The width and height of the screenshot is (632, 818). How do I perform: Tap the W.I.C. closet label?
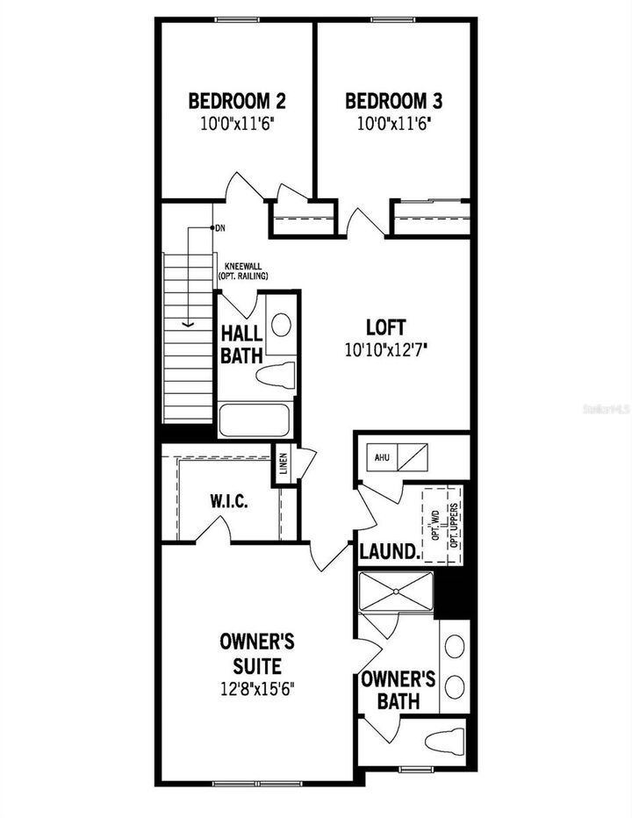(x=229, y=502)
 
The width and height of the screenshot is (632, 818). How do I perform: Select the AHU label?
(x=382, y=457)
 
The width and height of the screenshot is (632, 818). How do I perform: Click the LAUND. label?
(x=388, y=552)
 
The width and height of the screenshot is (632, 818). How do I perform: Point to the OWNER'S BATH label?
(x=399, y=690)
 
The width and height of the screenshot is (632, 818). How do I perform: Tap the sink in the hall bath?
(x=281, y=326)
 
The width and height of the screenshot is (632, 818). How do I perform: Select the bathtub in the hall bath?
(x=255, y=420)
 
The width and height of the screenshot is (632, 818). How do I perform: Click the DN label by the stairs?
(x=220, y=228)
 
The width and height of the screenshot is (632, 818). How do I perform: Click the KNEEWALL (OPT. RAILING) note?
(x=243, y=271)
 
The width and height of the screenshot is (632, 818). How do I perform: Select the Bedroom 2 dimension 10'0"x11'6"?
(x=236, y=124)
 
